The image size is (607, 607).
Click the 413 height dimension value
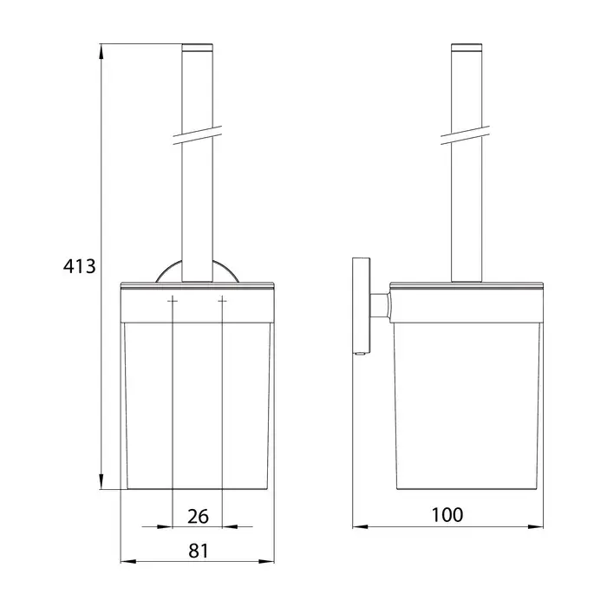80,266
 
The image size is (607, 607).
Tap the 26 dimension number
198,517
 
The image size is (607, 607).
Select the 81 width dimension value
199,551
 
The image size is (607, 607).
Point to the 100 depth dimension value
447,515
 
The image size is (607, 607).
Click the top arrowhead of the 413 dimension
101,51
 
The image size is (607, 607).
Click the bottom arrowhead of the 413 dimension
101,481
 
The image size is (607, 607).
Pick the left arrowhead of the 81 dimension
128,561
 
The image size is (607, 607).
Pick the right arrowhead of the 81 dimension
266,561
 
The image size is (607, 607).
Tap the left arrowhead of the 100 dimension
361,526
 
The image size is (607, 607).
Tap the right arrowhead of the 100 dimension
535,526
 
